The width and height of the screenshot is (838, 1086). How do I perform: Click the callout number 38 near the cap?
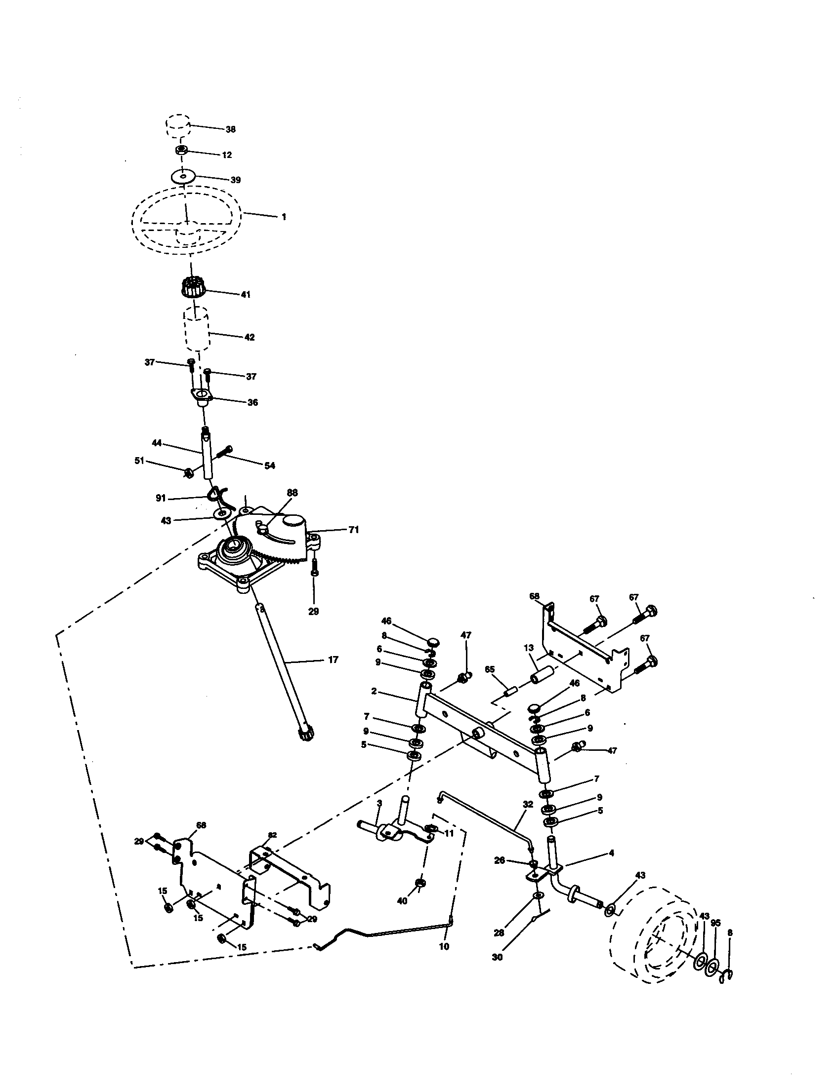coord(230,129)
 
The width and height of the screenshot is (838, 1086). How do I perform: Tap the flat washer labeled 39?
coord(183,177)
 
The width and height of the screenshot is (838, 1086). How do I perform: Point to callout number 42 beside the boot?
coord(250,337)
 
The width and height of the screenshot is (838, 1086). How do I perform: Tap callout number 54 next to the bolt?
coord(269,465)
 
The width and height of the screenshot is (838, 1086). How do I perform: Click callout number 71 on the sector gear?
coord(353,530)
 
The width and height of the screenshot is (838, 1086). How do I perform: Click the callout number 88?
coord(292,492)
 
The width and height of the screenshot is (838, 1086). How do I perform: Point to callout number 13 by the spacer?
coord(529,648)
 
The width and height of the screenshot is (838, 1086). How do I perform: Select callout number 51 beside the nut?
coord(139,461)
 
